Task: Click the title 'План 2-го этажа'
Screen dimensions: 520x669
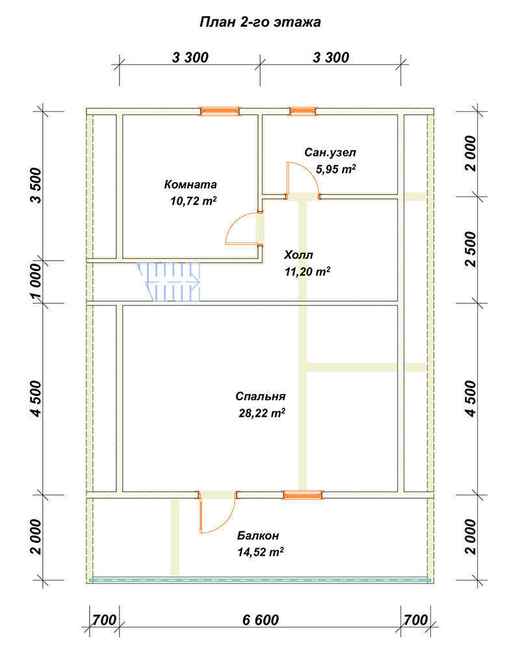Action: tap(260, 22)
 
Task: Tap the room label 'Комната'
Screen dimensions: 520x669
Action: tap(190, 185)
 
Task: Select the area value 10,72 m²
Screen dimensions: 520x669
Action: tap(194, 201)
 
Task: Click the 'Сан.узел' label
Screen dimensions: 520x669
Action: tap(330, 153)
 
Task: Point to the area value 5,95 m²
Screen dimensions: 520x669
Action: tap(335, 169)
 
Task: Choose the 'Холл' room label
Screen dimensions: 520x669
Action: tap(298, 255)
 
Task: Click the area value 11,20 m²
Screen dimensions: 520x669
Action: tap(307, 271)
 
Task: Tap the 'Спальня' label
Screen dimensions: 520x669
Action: tap(260, 397)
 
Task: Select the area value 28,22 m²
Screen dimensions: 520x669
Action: tap(262, 413)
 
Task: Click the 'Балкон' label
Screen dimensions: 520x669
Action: tap(258, 536)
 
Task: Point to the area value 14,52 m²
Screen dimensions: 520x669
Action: tap(261, 552)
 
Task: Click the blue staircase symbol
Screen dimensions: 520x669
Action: tap(169, 282)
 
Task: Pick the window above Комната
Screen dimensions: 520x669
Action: tap(220, 111)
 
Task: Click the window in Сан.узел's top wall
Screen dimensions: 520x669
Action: tap(302, 111)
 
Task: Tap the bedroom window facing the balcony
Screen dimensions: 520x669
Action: tap(302, 495)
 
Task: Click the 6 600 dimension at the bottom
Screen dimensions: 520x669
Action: tap(260, 620)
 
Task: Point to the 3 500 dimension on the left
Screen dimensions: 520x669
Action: tap(36, 185)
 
